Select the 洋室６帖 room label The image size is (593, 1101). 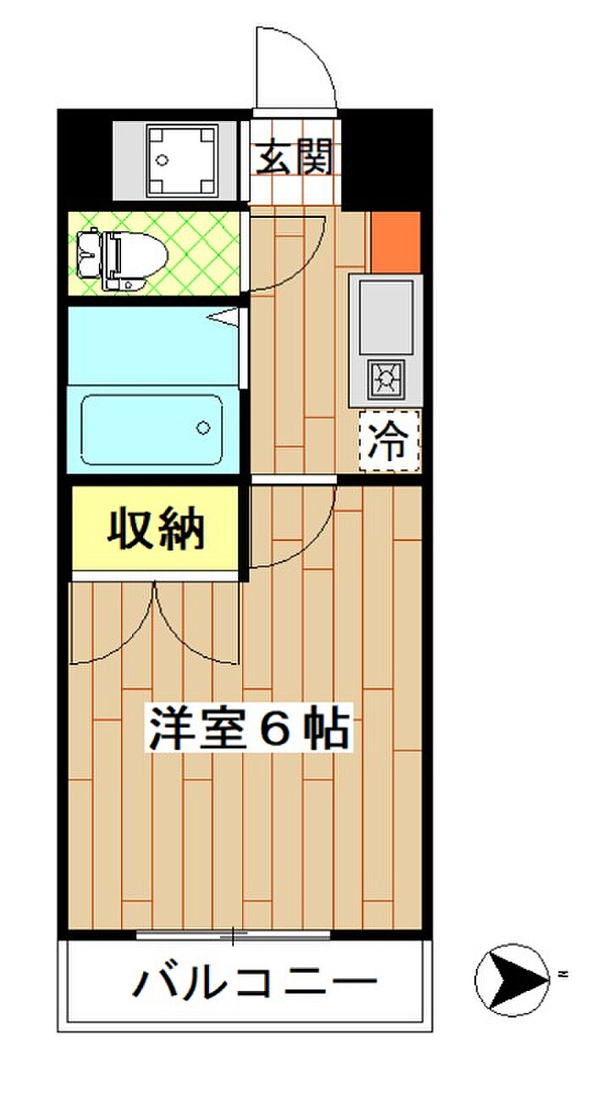[250, 730]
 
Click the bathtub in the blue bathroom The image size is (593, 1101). [152, 429]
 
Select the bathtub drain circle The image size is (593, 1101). [203, 427]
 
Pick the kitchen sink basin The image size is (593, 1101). [385, 316]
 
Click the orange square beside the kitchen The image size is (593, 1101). [396, 242]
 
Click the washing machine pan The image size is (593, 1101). [182, 160]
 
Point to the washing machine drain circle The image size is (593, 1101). [162, 160]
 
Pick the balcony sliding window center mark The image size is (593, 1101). [233, 937]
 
